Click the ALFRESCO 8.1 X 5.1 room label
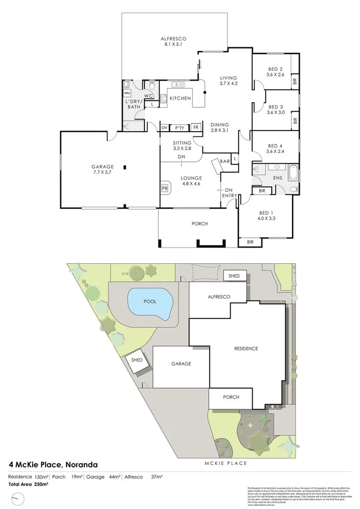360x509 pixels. pyautogui.click(x=175, y=41)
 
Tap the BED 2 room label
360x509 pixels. pyautogui.click(x=275, y=71)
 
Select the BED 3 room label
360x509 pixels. pyautogui.click(x=275, y=109)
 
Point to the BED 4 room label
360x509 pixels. pyautogui.click(x=275, y=148)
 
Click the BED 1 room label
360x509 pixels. pyautogui.click(x=266, y=215)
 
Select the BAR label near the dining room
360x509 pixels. pyautogui.click(x=224, y=161)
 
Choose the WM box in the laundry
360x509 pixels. pyautogui.click(x=127, y=92)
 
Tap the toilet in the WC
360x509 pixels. pyautogui.click(x=152, y=86)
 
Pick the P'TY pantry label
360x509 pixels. pyautogui.click(x=180, y=128)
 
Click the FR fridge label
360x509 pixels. pyautogui.click(x=196, y=128)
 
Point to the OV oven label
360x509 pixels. pyautogui.click(x=165, y=128)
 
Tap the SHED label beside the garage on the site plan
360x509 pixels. pyautogui.click(x=137, y=360)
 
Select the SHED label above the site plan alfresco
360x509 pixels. pyautogui.click(x=234, y=276)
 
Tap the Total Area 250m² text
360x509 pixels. pyautogui.click(x=28, y=483)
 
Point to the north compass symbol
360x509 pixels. pyautogui.click(x=19, y=499)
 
